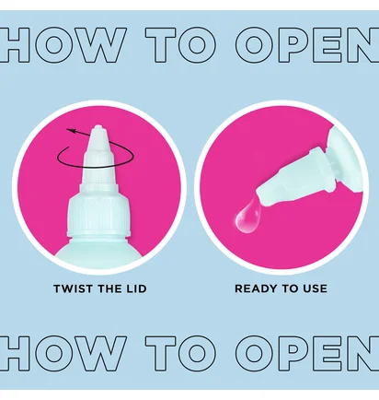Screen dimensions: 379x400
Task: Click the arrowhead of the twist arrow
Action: click(71, 131)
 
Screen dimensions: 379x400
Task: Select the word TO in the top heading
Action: click(180, 45)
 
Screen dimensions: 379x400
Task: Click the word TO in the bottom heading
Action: click(180, 353)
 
